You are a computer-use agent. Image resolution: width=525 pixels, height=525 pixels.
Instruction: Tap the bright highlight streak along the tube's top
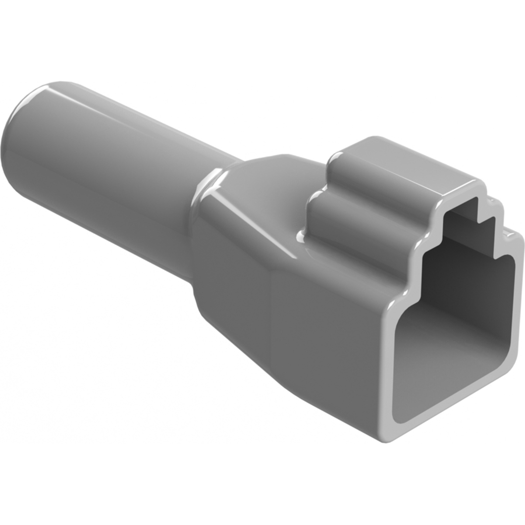click(124, 106)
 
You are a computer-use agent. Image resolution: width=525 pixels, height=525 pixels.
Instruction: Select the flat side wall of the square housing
click(327, 337)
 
